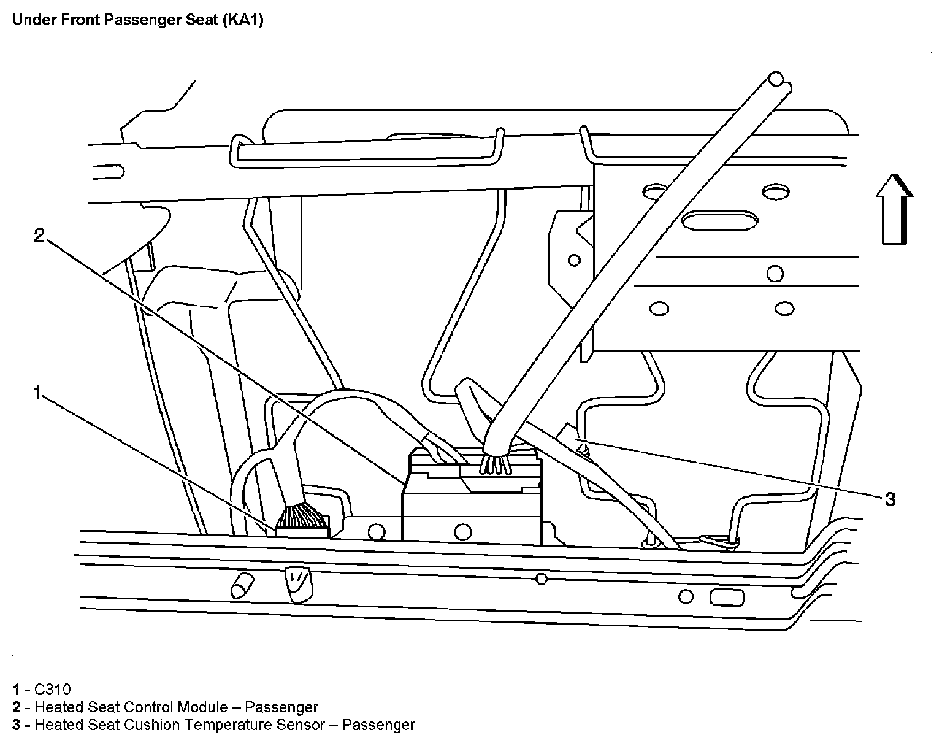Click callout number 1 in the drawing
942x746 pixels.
click(38, 393)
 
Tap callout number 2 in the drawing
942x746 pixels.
click(39, 235)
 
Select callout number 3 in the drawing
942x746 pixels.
click(889, 499)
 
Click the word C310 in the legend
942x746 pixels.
click(54, 690)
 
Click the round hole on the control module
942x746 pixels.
click(462, 531)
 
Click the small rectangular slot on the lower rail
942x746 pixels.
click(727, 597)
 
